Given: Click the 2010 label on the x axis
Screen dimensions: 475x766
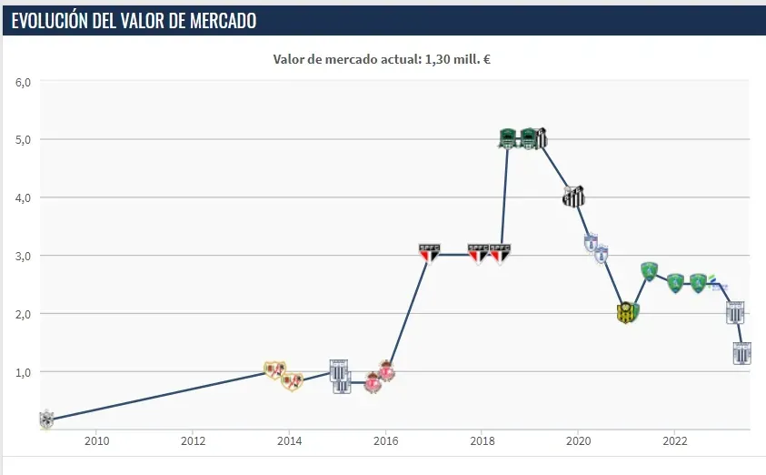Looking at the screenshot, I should coord(96,441).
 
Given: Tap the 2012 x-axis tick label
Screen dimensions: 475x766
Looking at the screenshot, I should coord(193,441).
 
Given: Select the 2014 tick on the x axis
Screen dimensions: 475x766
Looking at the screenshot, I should coord(289,441).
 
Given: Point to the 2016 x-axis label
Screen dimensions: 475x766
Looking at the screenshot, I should coord(385,441).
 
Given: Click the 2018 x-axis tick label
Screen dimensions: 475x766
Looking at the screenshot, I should coord(482,441).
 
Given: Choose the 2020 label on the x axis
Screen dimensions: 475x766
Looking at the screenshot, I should coord(578,441).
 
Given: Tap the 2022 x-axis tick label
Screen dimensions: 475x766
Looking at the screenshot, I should coord(674,441).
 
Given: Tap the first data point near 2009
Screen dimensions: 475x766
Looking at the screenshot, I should coord(46,419).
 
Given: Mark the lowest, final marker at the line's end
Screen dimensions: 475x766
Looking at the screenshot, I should coord(742,354).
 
